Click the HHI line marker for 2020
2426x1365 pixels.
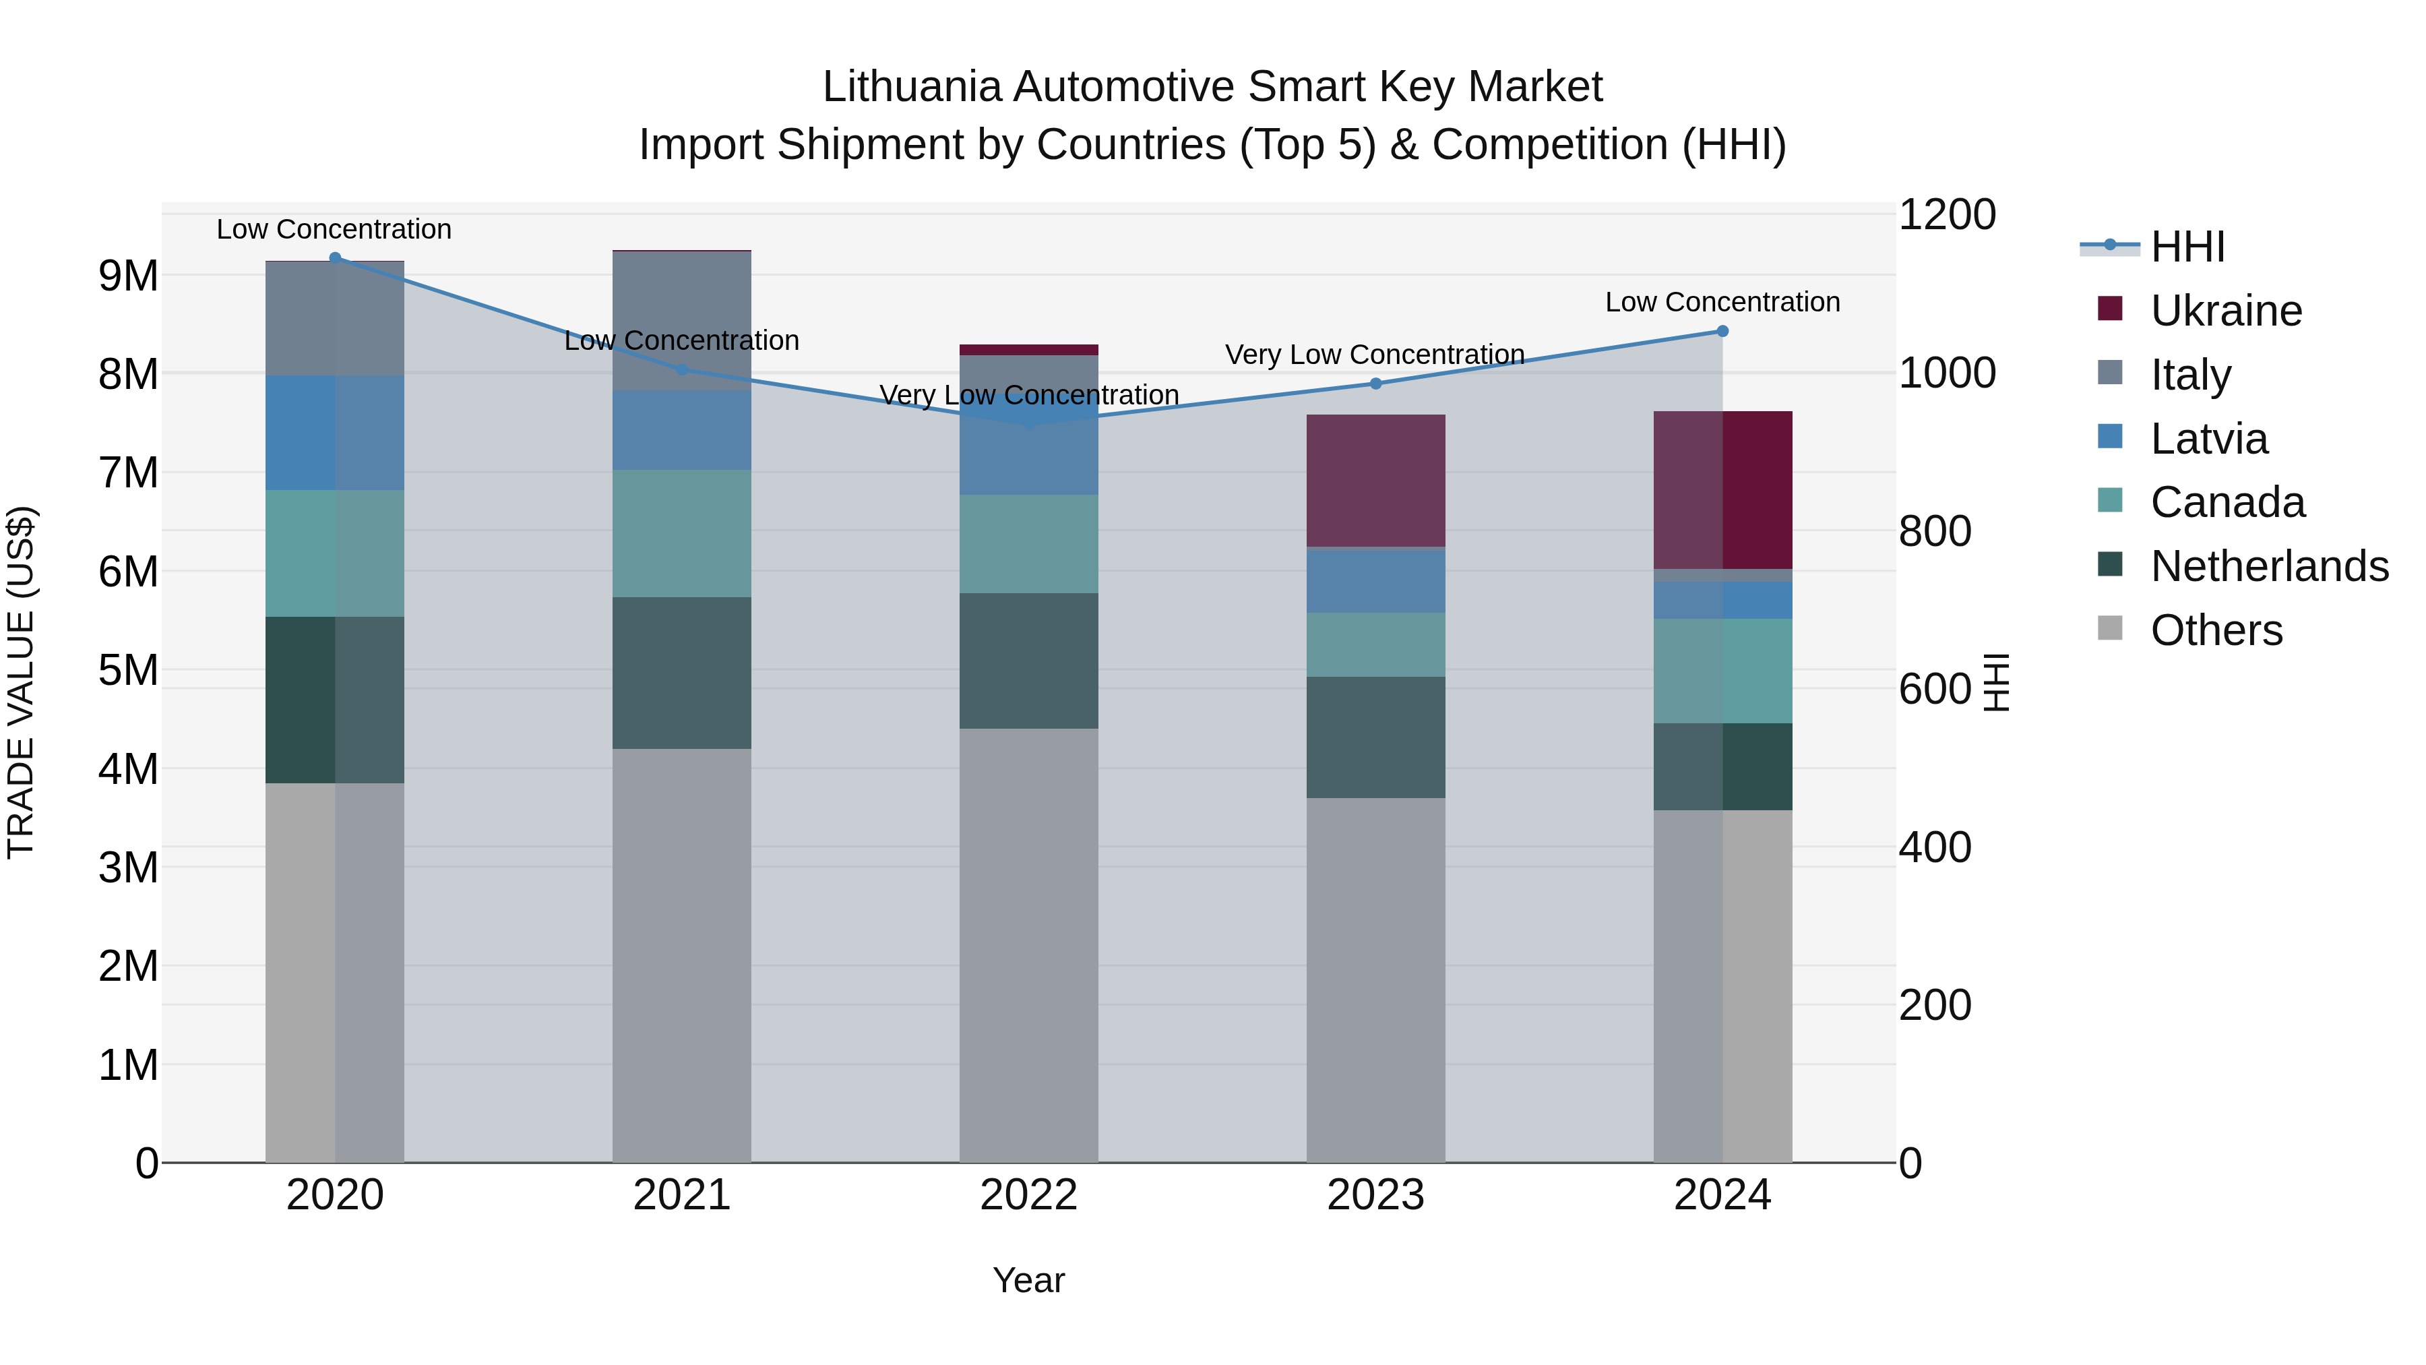[336, 258]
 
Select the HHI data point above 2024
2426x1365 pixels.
[1722, 332]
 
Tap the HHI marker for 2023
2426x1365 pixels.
[1376, 384]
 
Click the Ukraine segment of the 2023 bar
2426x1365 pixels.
[1376, 481]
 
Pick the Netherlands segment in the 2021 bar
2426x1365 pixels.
[682, 673]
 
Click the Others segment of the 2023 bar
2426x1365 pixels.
[1376, 979]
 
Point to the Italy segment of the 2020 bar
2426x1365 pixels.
[336, 318]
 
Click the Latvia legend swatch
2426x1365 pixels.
[2111, 437]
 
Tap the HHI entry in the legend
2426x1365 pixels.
[2187, 247]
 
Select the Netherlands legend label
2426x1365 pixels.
[2270, 566]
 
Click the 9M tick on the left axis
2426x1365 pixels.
[128, 276]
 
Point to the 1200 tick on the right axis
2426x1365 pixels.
[1946, 215]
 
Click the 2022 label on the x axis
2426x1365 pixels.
[1028, 1195]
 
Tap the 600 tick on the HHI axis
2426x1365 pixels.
[1934, 689]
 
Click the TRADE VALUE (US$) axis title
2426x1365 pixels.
[22, 682]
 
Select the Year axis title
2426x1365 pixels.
[1028, 1280]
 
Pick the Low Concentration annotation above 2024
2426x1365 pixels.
[1722, 303]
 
